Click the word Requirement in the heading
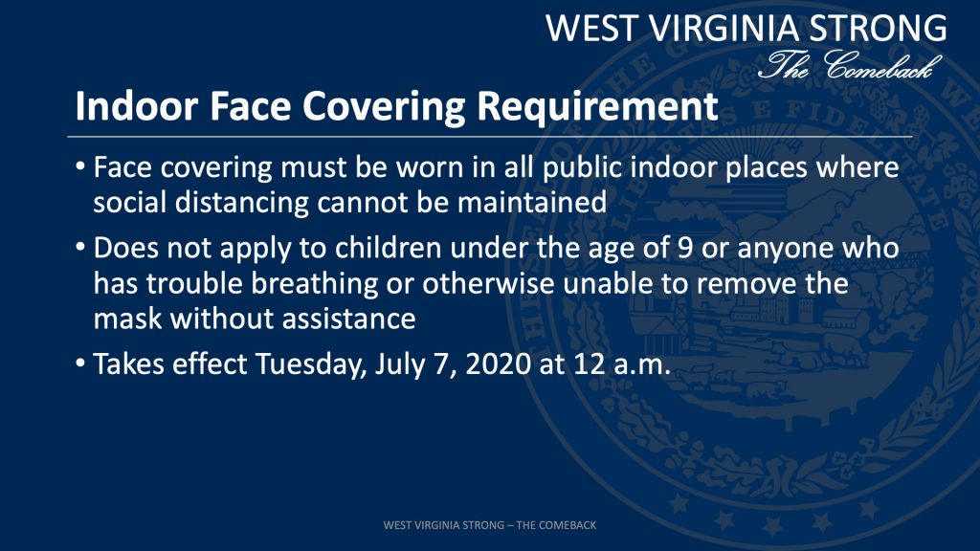click(597, 106)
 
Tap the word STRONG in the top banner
click(879, 28)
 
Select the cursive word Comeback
click(882, 65)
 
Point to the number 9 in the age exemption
click(685, 248)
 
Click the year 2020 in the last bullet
click(498, 364)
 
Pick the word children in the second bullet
click(389, 248)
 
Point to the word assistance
click(348, 319)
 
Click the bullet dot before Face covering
click(80, 166)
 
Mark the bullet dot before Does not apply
click(80, 248)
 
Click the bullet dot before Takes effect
click(80, 364)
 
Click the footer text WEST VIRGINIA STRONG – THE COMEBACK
click(490, 525)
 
